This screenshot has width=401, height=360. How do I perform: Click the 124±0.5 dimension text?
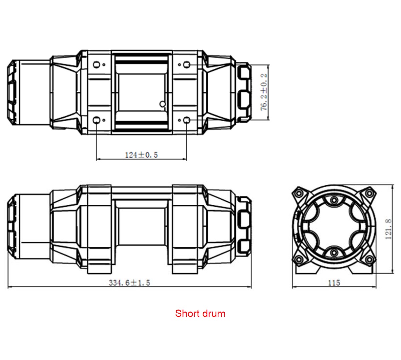141,155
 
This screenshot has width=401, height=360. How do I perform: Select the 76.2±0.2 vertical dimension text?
264,92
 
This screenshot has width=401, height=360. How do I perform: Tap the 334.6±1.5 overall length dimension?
129,283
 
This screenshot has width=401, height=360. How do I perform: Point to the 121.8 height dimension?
388,229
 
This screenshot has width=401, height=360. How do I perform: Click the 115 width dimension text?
334,283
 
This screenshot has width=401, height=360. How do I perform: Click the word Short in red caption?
187,314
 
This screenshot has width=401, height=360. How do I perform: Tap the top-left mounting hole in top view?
96,64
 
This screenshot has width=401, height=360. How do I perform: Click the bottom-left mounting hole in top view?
96,120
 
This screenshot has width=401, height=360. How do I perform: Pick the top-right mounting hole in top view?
187,64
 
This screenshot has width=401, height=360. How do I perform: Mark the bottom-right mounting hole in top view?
187,120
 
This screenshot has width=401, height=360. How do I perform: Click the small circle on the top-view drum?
163,104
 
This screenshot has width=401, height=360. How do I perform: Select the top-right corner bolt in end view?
369,193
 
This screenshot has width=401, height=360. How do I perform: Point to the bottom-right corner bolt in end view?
369,259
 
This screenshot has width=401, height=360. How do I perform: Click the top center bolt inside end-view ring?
334,200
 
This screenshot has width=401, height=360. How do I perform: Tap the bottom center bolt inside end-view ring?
334,252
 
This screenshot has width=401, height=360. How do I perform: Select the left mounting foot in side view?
99,267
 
